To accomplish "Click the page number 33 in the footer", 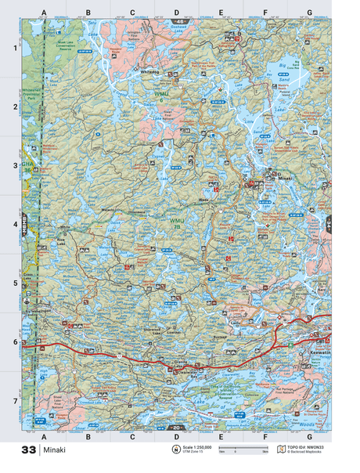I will pos(28,450).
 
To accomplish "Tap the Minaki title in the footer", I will pos(56,450).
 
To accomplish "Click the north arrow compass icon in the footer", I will pos(175,450).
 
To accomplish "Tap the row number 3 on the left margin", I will pos(13,166).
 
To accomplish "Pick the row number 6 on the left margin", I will pos(13,342).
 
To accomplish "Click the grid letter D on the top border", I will pos(176,13).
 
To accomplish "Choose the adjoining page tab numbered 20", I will pos(176,428).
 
